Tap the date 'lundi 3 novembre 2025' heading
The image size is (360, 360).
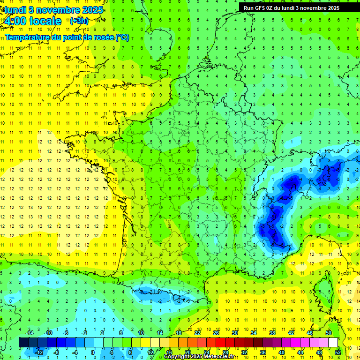[52, 9]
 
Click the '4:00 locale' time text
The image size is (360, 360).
[33, 21]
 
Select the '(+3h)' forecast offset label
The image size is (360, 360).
[78, 21]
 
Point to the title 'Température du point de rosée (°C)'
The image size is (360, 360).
[67, 37]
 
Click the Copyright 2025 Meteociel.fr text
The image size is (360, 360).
[199, 357]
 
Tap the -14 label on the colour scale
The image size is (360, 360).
[30, 333]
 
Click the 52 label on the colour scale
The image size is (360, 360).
[338, 352]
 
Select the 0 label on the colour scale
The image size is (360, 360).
[93, 352]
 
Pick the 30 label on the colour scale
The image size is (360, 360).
[234, 333]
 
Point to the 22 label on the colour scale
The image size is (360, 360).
[197, 333]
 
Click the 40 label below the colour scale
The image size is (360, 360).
[282, 352]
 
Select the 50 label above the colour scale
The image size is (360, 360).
[329, 333]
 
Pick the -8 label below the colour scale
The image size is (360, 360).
[57, 352]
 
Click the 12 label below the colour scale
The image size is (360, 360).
[150, 352]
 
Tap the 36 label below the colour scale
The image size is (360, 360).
[263, 352]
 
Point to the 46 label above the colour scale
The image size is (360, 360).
[310, 333]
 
